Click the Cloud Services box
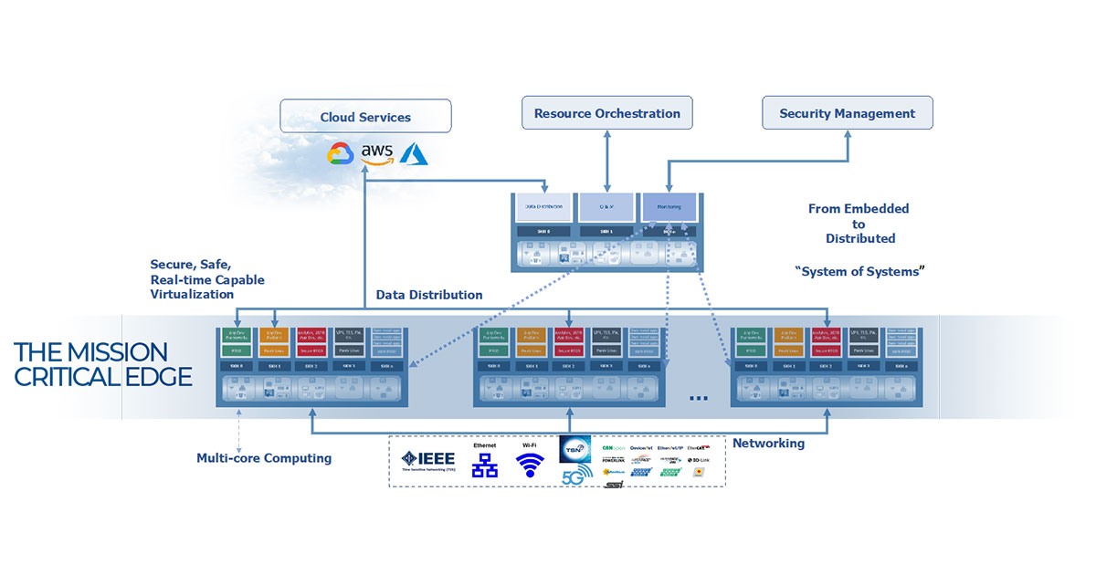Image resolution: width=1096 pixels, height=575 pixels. tap(365, 117)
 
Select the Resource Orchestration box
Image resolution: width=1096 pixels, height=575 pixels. tap(607, 114)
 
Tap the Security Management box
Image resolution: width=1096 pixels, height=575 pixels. tap(847, 114)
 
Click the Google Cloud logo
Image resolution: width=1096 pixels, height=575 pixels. tap(341, 154)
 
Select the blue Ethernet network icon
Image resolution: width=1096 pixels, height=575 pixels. tap(484, 465)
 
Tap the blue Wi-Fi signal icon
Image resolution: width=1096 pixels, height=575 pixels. tap(530, 465)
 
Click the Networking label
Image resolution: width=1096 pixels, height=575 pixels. tap(768, 444)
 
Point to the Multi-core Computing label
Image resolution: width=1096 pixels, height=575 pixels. tap(264, 458)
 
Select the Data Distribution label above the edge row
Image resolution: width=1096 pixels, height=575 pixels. tap(429, 296)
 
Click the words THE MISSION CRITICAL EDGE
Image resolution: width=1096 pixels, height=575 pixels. tap(102, 364)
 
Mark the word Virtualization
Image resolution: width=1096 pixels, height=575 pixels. tap(192, 295)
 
